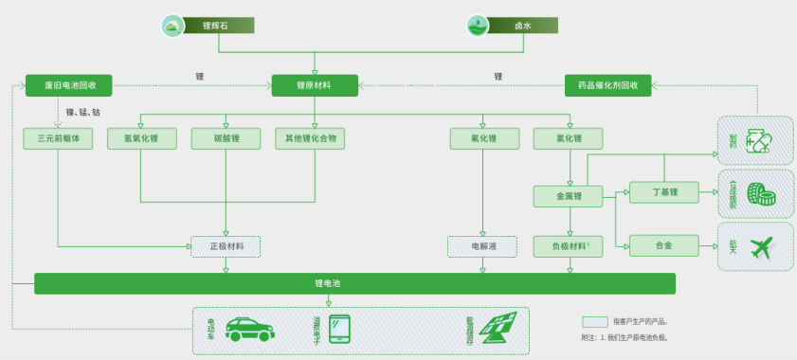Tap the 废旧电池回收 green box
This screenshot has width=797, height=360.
[x=68, y=85]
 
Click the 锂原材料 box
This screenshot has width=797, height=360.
[x=315, y=85]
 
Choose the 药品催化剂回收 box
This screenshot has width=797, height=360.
[x=607, y=85]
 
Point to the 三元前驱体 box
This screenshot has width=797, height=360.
[x=59, y=138]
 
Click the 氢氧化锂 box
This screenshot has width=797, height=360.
[x=140, y=138]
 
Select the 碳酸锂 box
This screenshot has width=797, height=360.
[x=226, y=138]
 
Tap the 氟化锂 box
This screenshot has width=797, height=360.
[x=483, y=138]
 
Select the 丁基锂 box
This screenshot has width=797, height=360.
[x=663, y=192]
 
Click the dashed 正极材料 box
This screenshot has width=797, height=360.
[x=226, y=246]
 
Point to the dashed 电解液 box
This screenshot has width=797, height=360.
[x=483, y=246]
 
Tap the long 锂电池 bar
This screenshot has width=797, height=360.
[x=354, y=283]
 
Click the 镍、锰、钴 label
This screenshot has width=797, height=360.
[x=83, y=113]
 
